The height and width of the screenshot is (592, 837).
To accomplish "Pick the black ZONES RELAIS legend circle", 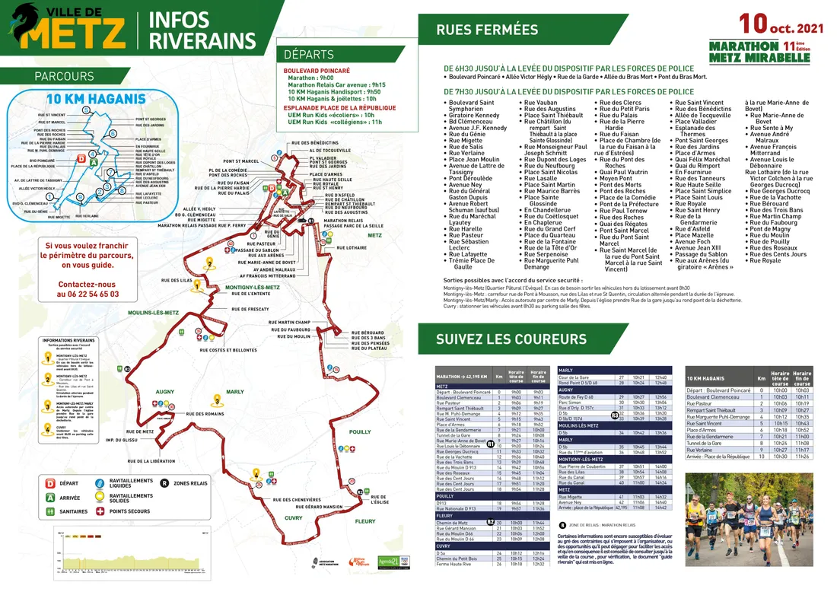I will coord(164,482).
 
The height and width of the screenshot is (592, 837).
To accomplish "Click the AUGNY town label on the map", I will coord(165,392).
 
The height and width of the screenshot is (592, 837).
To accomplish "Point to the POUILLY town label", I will coord(360,432).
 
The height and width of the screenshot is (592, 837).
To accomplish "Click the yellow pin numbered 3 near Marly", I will coord(218,400).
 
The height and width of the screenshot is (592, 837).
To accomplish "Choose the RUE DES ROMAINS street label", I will coord(203,414).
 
